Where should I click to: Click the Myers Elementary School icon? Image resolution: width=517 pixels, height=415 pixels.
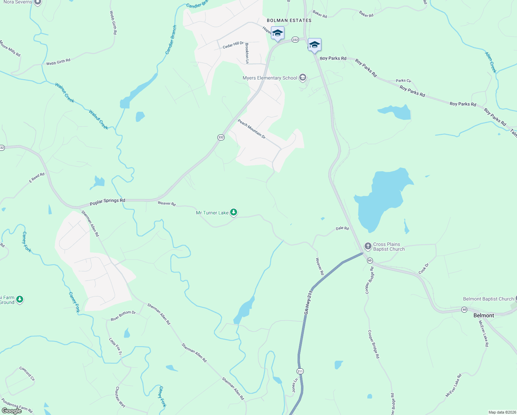(303, 77)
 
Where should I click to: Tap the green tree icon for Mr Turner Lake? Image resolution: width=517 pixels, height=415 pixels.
(234, 212)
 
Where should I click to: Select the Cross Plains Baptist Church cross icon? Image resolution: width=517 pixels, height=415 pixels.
(368, 247)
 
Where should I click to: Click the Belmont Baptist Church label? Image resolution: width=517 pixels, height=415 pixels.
(488, 299)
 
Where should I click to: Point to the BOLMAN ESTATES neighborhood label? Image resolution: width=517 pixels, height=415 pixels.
(289, 20)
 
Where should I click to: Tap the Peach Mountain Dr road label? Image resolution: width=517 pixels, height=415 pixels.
(252, 129)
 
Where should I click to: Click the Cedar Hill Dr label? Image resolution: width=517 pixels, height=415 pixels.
(233, 45)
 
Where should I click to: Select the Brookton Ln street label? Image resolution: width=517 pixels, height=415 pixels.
(247, 53)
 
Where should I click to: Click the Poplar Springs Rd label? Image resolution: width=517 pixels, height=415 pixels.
(107, 201)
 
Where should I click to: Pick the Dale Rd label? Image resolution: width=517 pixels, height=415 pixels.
(342, 228)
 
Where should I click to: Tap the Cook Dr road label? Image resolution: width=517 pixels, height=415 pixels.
(424, 269)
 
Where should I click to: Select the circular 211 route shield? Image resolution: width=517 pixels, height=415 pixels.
(300, 371)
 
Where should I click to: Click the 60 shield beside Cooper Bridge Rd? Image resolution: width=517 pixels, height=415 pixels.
(370, 260)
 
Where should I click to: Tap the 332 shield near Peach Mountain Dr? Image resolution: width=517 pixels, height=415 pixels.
(221, 137)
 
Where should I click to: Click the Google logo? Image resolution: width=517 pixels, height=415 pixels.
(12, 411)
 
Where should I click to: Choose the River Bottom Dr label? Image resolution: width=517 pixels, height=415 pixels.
(123, 315)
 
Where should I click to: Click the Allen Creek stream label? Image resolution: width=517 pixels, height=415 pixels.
(490, 62)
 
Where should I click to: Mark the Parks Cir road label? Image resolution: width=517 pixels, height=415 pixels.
(403, 81)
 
